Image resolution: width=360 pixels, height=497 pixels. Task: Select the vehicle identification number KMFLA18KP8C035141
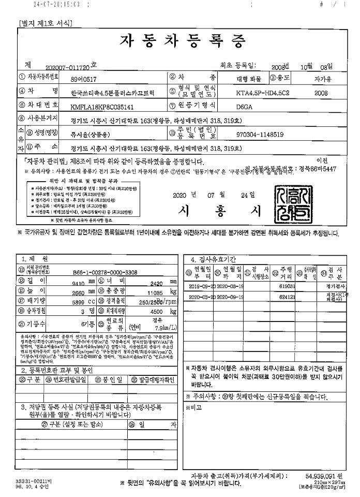point(103,107)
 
